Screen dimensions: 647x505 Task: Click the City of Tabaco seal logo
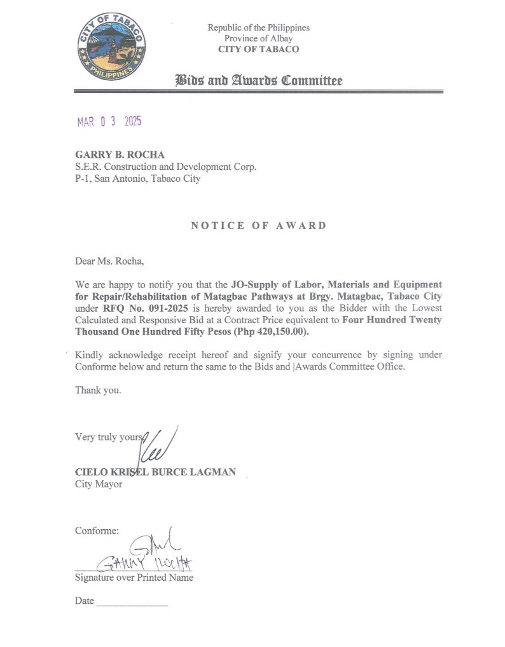coord(112,46)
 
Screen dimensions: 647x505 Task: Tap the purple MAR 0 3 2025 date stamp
coord(109,122)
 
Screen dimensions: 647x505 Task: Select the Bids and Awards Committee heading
coord(258,80)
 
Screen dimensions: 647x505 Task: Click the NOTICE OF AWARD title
coord(258,225)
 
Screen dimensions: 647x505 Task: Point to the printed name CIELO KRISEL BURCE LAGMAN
coord(155,472)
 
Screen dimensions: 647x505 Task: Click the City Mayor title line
coord(99,484)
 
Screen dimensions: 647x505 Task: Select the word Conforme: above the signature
coord(97,530)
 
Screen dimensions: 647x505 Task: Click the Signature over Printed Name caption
coord(134,578)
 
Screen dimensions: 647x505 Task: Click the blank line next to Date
coord(132,602)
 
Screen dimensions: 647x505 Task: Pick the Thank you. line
coord(98,390)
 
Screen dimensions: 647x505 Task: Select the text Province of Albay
coord(258,38)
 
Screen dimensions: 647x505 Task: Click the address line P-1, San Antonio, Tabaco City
coord(137,179)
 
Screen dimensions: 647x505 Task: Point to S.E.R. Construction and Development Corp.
coord(165,167)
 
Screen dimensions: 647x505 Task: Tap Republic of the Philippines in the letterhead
coord(258,27)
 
